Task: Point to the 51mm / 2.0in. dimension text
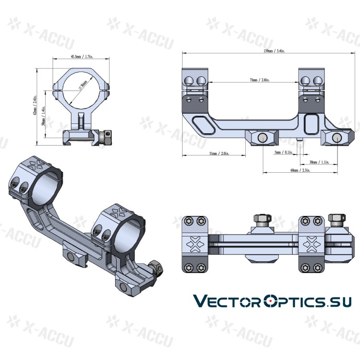tap(219, 154)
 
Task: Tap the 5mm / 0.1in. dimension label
tap(284, 153)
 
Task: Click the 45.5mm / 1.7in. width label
tap(82, 57)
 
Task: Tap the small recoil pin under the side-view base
tap(300, 141)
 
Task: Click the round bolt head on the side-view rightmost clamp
tap(337, 137)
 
